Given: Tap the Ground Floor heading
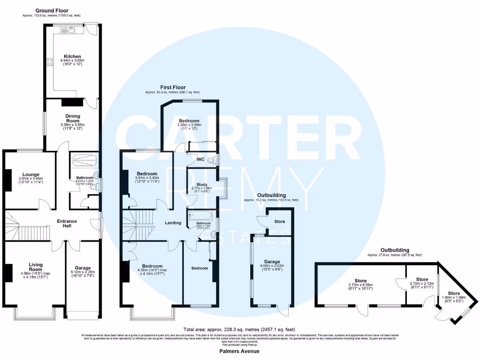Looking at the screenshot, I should coord(52,10).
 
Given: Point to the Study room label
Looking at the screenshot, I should coord(202,184).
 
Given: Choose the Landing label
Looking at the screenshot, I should coord(173,223).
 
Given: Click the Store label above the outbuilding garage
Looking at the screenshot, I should coord(279,221).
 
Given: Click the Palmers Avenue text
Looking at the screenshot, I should coord(240,351).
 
